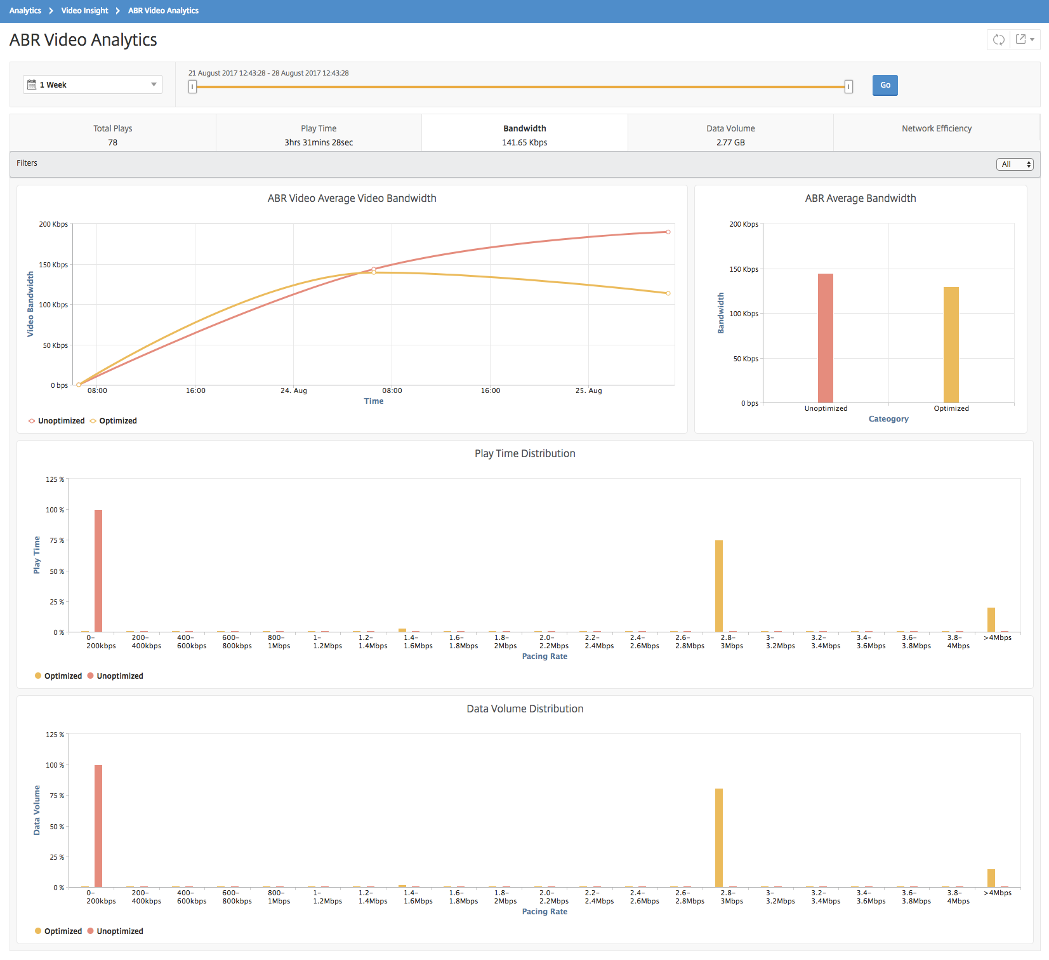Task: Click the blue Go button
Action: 885,85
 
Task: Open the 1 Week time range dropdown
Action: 93,84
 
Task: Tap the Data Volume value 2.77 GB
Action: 730,142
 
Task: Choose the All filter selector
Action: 1015,164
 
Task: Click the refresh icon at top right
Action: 999,39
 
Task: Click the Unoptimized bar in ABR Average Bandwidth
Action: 826,338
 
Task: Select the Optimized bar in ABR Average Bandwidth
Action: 951,345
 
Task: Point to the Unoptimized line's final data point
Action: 668,232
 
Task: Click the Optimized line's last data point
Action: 668,293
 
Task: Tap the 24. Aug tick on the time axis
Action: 294,390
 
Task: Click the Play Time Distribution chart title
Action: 525,453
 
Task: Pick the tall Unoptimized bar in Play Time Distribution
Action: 98,571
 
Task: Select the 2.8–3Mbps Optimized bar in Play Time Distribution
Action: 719,586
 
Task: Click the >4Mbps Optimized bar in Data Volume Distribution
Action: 991,878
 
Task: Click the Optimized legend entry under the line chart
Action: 114,420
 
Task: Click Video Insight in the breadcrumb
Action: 84,11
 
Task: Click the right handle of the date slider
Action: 848,86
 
